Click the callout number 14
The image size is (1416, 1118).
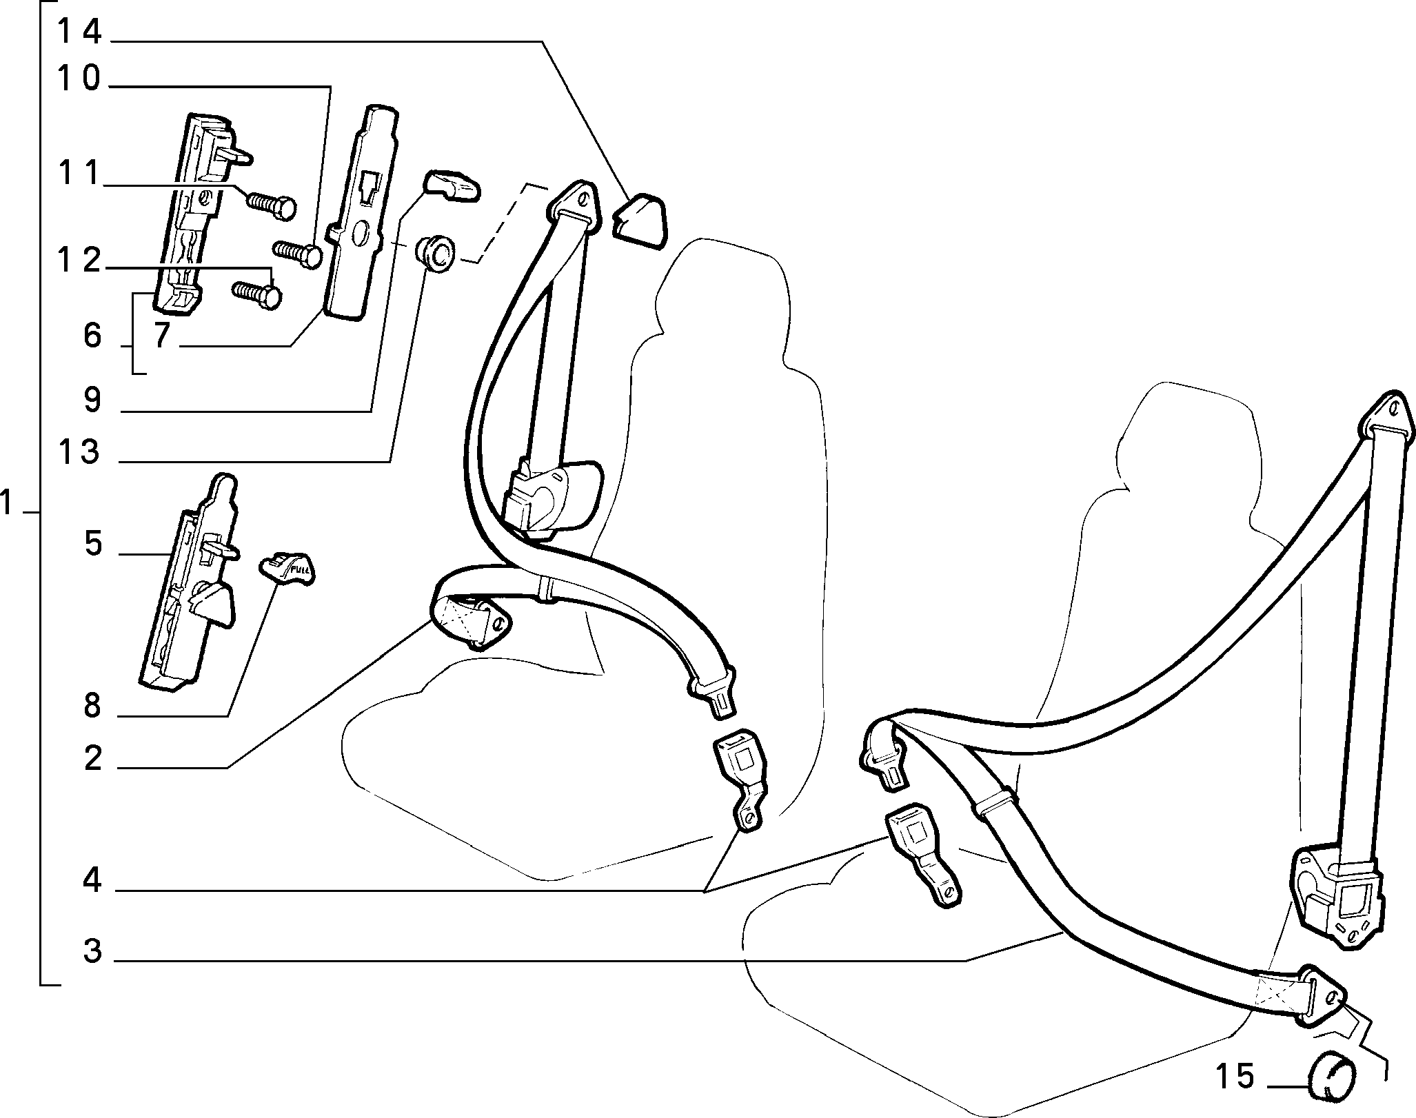pos(79,32)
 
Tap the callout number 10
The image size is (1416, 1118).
pos(79,79)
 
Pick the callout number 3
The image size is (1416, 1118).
pos(92,951)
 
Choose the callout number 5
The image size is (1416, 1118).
pos(92,544)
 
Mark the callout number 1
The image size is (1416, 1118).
pos(8,505)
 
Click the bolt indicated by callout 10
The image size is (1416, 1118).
pos(298,254)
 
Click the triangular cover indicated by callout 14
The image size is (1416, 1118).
pos(640,223)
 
